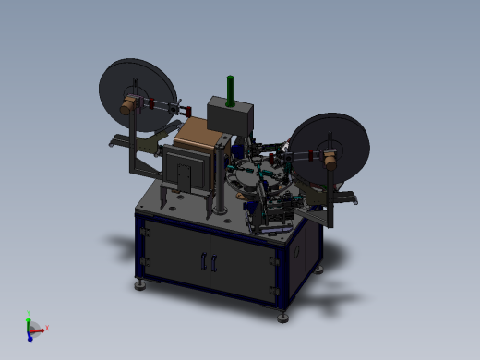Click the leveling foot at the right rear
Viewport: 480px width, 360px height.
pyautogui.click(x=319, y=270)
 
